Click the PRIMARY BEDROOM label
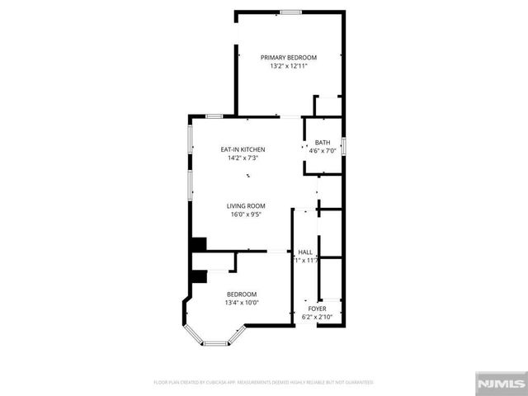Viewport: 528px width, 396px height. tap(289, 57)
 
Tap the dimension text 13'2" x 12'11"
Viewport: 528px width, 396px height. tap(289, 66)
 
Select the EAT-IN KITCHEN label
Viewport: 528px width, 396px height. tap(242, 149)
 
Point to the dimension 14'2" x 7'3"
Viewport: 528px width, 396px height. tap(242, 158)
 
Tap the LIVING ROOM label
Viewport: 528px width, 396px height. tap(246, 205)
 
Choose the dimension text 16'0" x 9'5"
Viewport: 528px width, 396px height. tap(246, 214)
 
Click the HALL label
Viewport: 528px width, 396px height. tap(305, 252)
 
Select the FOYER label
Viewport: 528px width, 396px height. tap(318, 309)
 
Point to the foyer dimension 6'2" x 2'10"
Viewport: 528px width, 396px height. tap(318, 317)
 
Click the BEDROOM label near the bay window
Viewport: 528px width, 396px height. tap(242, 294)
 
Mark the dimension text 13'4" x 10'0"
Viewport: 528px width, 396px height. tap(242, 303)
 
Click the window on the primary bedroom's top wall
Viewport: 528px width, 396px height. tap(290, 12)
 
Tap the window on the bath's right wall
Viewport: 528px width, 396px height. tap(344, 147)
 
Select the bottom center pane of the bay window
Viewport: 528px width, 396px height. tap(216, 344)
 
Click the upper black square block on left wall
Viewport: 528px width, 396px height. tap(198, 244)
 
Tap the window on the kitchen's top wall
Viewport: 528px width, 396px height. tap(214, 116)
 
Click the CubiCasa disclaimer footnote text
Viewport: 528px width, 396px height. tap(263, 382)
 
